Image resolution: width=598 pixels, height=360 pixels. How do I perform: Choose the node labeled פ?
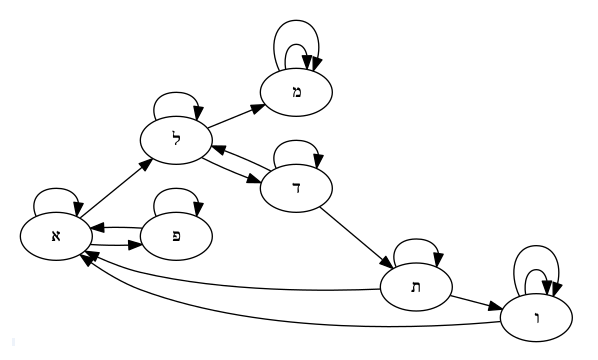point(178,236)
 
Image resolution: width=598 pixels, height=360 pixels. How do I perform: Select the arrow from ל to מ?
point(237,115)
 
